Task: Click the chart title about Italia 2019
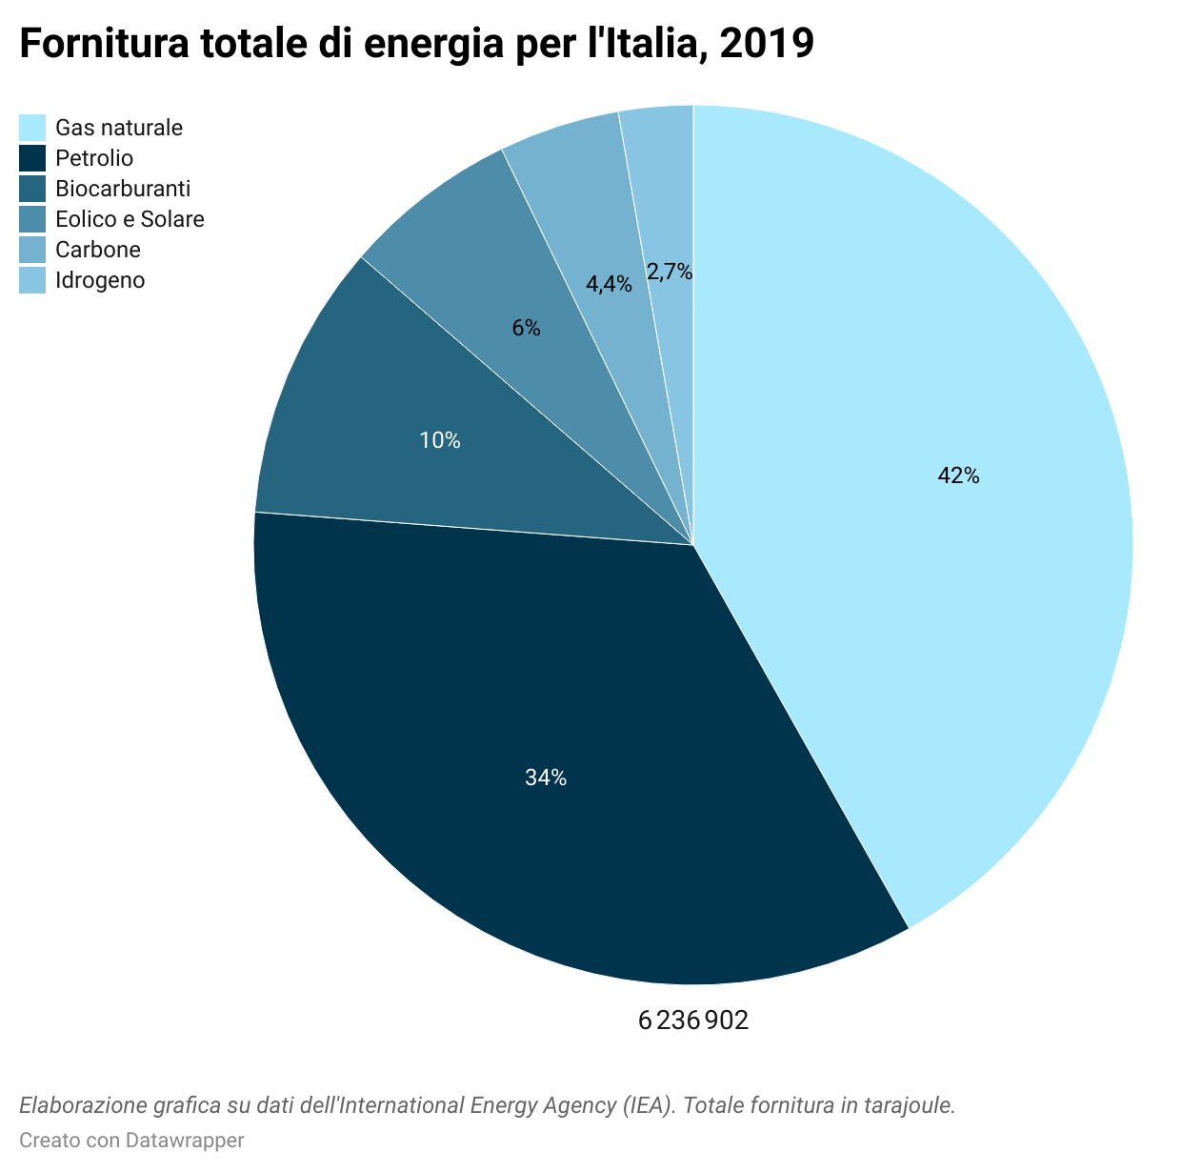tap(416, 43)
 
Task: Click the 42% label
tap(958, 475)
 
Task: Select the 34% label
tap(546, 778)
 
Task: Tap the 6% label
tap(526, 329)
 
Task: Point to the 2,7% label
tap(669, 273)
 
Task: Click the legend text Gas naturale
tap(119, 128)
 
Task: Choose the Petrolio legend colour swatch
tap(32, 158)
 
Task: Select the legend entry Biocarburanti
tap(123, 189)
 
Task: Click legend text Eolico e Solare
tap(130, 219)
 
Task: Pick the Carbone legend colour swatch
tap(32, 250)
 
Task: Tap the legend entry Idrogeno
tap(100, 280)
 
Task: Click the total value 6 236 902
tap(693, 1020)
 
